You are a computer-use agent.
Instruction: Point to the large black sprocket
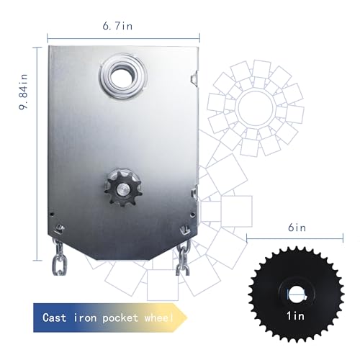(295, 294)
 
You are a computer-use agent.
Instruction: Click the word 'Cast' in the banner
(56, 318)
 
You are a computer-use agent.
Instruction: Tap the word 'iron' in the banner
(89, 318)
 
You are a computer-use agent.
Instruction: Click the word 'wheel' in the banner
(159, 318)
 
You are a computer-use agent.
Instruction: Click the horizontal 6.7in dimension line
(122, 37)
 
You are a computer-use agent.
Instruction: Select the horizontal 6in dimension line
(295, 238)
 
